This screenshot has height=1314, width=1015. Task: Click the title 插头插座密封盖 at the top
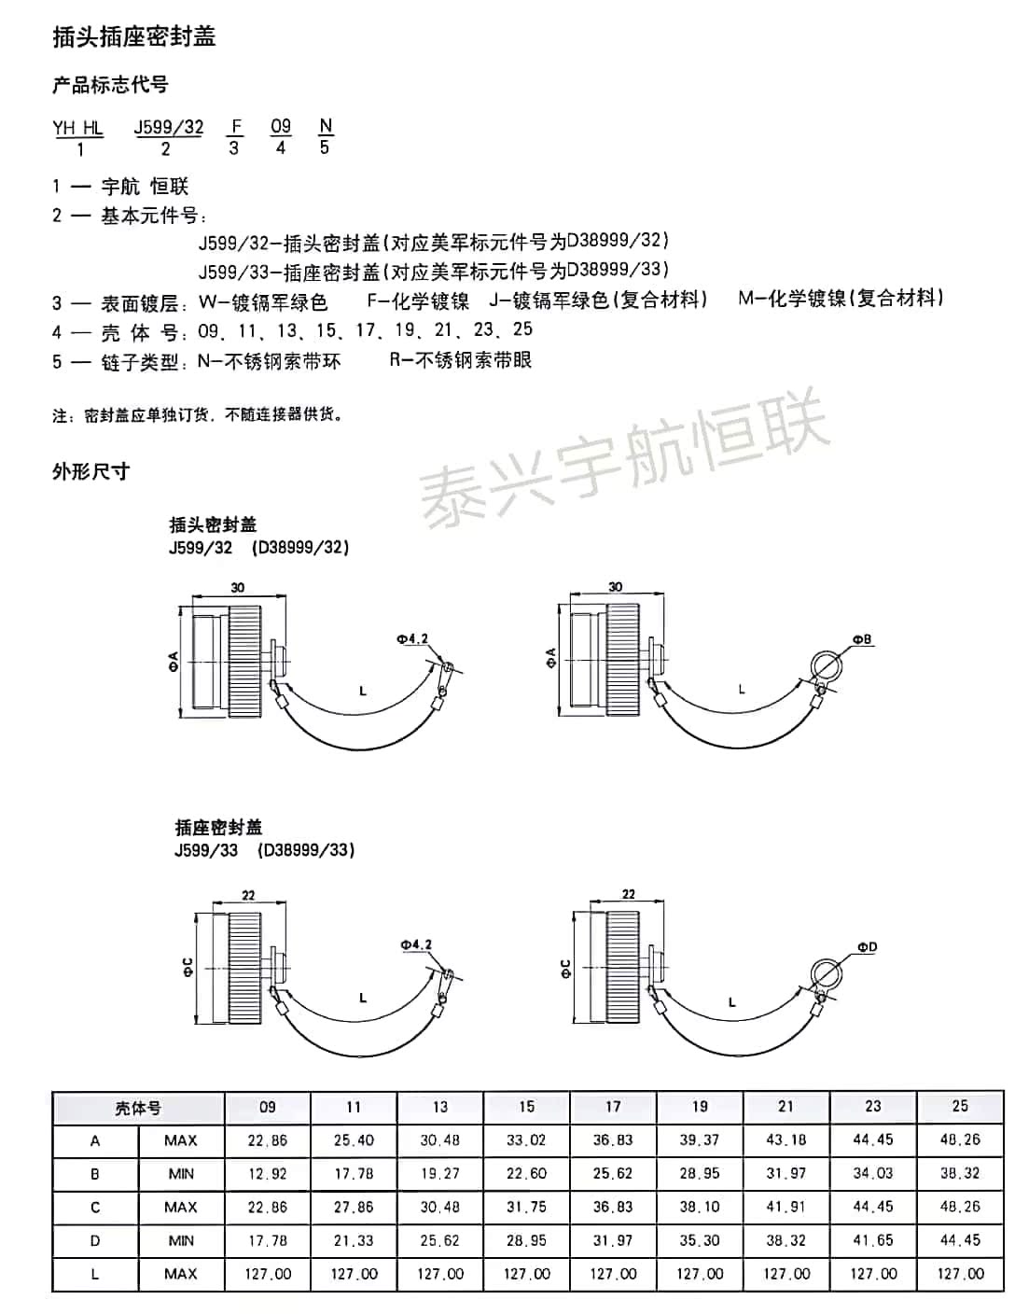134,36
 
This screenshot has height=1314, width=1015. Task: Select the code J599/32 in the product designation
168,127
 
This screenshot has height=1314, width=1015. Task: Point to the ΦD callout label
867,947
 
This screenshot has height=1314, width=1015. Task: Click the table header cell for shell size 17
613,1107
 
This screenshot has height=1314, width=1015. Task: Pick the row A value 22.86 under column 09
268,1140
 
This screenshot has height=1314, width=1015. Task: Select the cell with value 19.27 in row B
440,1174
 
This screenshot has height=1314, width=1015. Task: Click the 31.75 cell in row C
526,1207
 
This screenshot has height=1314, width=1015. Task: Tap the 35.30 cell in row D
700,1240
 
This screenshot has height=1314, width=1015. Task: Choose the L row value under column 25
960,1274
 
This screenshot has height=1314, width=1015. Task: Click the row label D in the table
95,1240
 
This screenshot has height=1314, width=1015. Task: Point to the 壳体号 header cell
138,1108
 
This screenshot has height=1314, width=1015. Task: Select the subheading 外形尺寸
90,471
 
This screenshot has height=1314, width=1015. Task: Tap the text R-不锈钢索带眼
461,360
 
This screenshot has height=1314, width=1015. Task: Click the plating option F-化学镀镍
418,301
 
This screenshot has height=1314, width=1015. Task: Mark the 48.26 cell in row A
960,1140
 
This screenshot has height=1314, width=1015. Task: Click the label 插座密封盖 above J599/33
218,827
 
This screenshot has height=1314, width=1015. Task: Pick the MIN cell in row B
181,1174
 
